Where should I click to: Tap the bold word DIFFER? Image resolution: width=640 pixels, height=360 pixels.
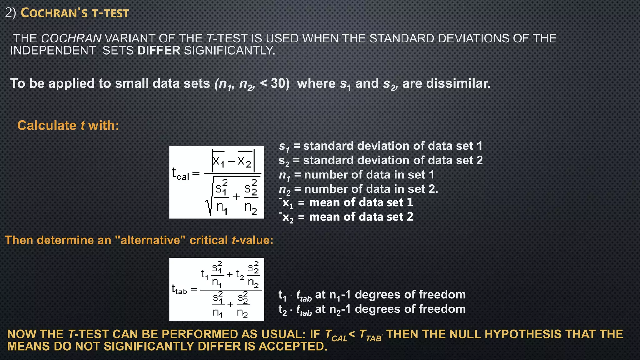coord(159,50)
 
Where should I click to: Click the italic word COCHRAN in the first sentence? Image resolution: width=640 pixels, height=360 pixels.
coord(71,38)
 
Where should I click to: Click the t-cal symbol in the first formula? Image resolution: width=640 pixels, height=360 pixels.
coord(180,173)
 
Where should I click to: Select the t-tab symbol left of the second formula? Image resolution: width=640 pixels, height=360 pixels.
coord(179,289)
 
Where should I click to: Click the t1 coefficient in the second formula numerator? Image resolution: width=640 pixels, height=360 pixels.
coord(204,274)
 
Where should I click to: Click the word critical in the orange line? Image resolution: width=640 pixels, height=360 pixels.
coord(208,240)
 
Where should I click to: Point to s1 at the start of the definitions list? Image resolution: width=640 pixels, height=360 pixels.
coord(284,146)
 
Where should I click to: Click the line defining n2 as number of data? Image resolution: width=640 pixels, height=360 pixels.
coord(358,189)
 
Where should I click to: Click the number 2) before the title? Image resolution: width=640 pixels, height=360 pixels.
coord(10,13)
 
